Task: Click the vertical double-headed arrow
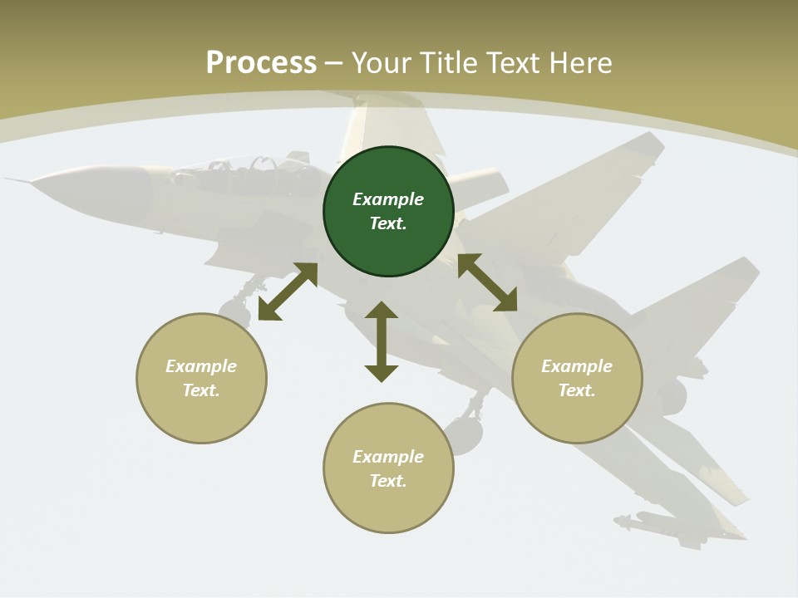click(382, 341)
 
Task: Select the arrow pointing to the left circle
click(288, 292)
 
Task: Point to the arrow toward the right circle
click(487, 282)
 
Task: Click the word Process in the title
click(261, 62)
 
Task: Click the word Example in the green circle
click(388, 199)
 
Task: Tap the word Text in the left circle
click(201, 390)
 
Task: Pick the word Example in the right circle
click(577, 366)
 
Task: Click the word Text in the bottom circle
click(388, 481)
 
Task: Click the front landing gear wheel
click(235, 313)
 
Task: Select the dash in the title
click(334, 63)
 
